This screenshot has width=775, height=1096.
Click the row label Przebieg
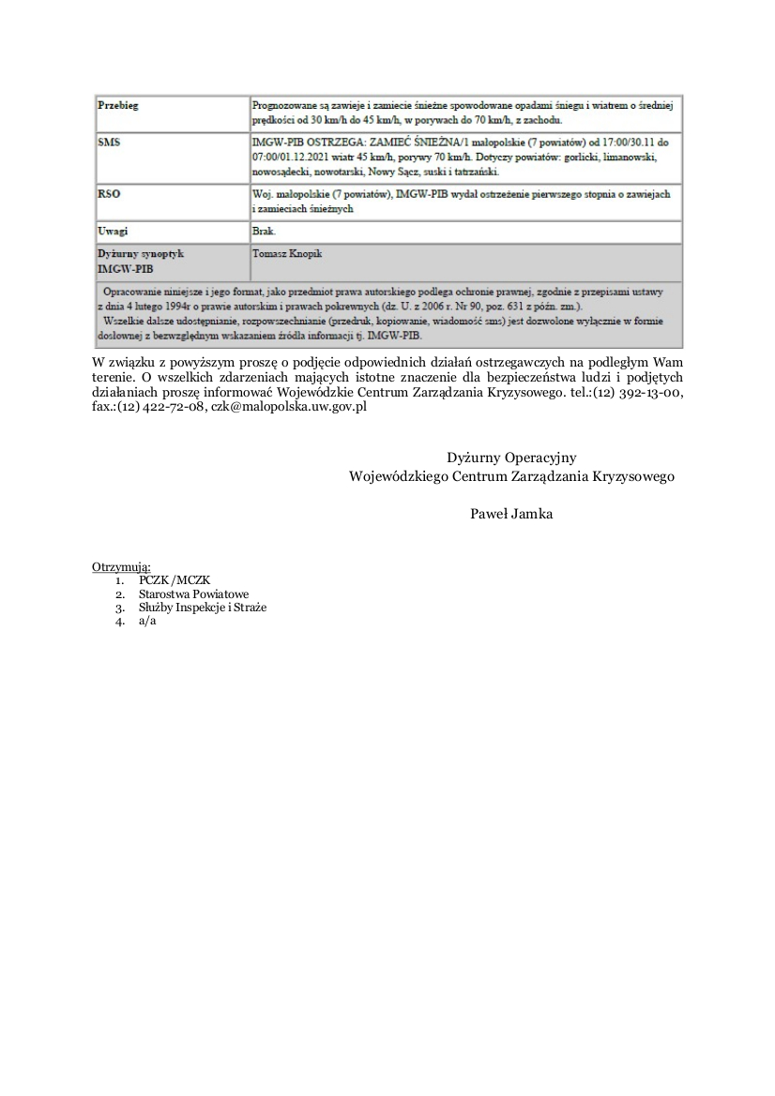118,106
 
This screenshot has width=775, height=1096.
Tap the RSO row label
110,194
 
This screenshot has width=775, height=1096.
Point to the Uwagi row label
113,231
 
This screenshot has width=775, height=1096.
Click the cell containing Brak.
263,231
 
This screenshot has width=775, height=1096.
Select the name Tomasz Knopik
286,253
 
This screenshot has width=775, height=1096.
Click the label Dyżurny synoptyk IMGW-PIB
141,261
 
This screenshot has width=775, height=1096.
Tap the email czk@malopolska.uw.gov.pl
288,408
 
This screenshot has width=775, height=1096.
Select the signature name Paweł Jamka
511,513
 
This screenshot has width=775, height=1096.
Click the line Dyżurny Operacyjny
511,458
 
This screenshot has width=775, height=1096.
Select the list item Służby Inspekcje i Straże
203,608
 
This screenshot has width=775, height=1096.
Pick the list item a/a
147,621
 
